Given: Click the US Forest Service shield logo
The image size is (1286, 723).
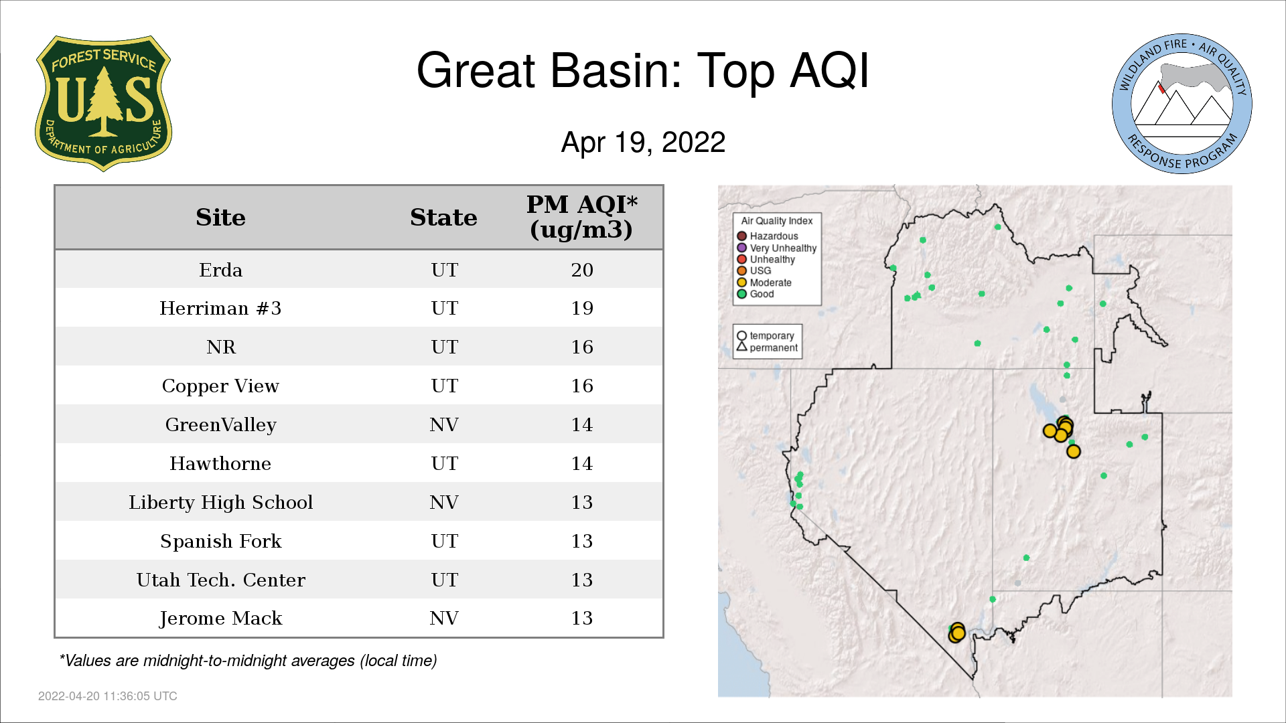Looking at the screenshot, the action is [x=103, y=104].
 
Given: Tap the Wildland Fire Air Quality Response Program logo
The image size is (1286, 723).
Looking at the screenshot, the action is [x=1182, y=104].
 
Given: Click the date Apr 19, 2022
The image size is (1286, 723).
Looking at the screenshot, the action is [x=643, y=143].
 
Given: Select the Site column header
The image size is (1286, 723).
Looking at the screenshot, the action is [x=220, y=218].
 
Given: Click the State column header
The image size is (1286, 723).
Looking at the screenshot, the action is [x=443, y=218].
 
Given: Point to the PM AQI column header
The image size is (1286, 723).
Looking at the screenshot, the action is [x=581, y=217].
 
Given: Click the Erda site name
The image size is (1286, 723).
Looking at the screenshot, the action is [x=220, y=270].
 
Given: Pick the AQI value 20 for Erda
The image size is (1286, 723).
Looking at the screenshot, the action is [x=582, y=270].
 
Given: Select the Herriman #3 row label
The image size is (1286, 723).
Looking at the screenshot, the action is [x=220, y=309].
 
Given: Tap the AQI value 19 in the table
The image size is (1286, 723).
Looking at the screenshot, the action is [x=582, y=309].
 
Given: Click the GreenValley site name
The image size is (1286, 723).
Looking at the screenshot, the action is [x=220, y=425].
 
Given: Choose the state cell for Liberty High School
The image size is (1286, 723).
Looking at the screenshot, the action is [x=444, y=503].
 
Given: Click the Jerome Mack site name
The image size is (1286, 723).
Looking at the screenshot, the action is [x=220, y=619].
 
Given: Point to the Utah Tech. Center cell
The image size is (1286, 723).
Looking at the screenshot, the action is [x=220, y=580].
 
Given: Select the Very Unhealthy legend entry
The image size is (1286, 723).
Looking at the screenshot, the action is [x=777, y=248].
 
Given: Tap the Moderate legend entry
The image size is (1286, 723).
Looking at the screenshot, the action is [x=764, y=283].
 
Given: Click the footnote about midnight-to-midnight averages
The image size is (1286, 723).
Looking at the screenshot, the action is [x=248, y=661].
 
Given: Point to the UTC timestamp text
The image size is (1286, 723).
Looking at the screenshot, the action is [x=108, y=696].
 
